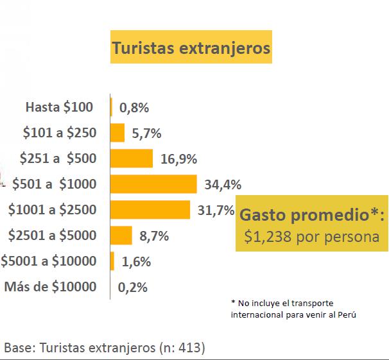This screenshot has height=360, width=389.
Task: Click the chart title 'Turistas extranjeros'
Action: coord(191,48)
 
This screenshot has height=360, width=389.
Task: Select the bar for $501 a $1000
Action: coord(153,184)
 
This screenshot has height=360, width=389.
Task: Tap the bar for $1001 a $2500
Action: coord(150,210)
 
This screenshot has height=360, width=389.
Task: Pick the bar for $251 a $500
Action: coord(132,159)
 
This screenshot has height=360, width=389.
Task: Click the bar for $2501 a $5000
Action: coord(121,236)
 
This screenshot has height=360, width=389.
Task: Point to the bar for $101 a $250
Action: coord(117,133)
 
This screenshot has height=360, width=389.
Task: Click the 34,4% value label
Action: coord(223,185)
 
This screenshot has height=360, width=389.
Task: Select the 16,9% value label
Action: coord(178,159)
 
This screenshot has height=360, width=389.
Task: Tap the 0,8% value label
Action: coord(134,108)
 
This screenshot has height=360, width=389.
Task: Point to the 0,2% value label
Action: coord(133,287)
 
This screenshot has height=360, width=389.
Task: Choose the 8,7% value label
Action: coord(154,236)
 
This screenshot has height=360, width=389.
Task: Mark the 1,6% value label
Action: coord(135,262)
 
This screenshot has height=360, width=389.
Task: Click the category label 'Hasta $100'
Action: coord(59,107)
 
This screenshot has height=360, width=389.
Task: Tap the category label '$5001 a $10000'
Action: coord(49,261)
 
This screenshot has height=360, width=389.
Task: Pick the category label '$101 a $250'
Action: coord(59,133)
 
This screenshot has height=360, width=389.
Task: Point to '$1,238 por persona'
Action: coord(311,236)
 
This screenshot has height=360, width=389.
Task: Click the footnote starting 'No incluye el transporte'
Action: coord(293,309)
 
